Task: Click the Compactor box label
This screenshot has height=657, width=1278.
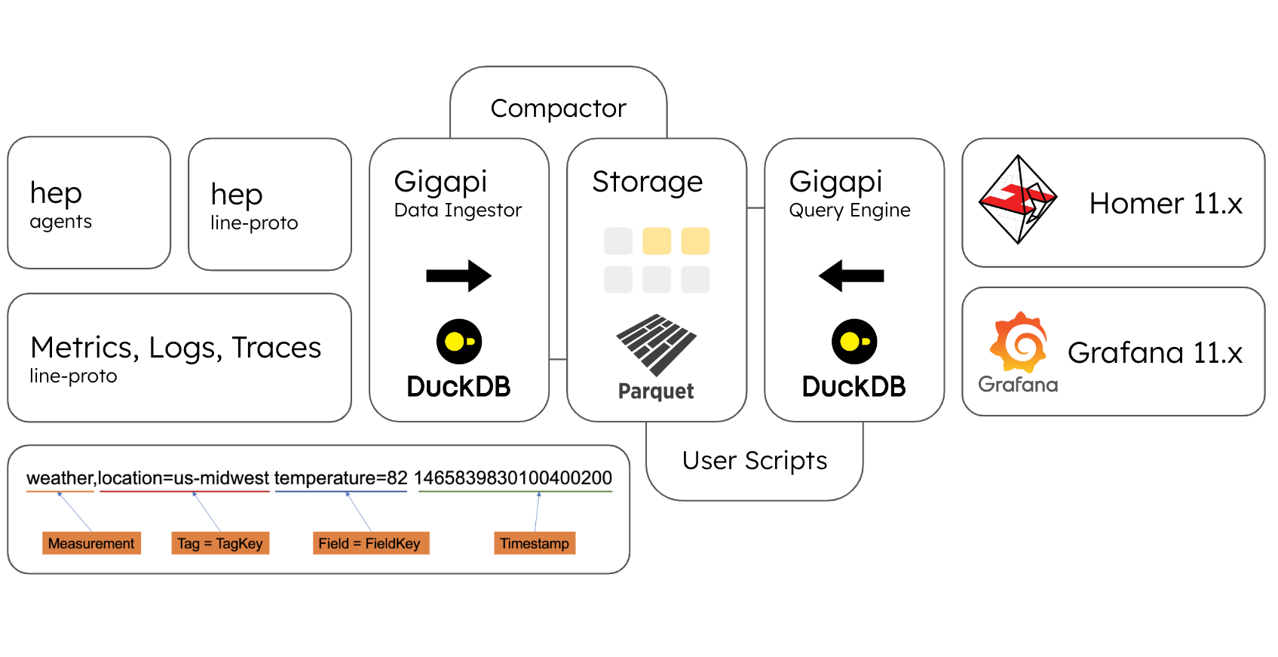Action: click(x=558, y=109)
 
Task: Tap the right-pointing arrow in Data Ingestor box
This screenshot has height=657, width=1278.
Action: click(x=458, y=276)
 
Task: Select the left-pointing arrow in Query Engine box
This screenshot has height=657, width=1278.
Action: click(x=851, y=276)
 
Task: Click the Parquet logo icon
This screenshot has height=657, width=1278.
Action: click(x=656, y=345)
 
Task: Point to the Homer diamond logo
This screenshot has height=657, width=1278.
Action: click(x=1017, y=200)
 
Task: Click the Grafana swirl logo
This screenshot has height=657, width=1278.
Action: click(x=1019, y=343)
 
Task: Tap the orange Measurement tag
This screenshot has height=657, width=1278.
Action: click(x=91, y=543)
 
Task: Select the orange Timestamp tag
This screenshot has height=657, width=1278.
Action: click(x=535, y=543)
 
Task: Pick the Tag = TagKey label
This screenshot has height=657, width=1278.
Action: click(x=220, y=543)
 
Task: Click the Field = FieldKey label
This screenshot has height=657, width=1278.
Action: click(x=369, y=543)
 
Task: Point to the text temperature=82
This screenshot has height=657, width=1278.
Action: click(x=341, y=478)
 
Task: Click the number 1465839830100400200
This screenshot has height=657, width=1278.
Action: click(x=513, y=478)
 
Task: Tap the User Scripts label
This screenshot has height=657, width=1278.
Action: click(x=755, y=461)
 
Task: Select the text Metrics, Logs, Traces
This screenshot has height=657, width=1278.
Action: click(x=176, y=348)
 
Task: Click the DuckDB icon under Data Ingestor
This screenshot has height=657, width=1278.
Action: click(x=458, y=342)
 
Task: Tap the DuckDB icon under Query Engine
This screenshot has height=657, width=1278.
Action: click(x=854, y=342)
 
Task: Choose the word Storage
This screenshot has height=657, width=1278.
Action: click(x=647, y=182)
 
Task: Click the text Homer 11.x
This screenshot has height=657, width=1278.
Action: click(x=1166, y=204)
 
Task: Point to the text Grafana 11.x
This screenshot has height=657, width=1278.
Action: click(x=1155, y=353)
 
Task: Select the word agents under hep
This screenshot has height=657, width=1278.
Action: click(x=61, y=222)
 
